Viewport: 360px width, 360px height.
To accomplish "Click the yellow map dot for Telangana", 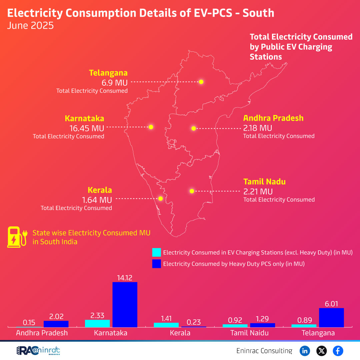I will point(201,82).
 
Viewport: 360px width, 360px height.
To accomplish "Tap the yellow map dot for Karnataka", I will point(151,127).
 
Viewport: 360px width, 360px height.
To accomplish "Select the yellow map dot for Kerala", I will point(160,198).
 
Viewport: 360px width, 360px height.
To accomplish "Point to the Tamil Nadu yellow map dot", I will point(192,191).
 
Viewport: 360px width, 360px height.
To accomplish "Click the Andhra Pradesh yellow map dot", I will point(193,128).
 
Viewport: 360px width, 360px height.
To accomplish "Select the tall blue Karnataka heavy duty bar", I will point(125,304).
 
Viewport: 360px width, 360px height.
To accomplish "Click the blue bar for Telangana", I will point(331,317).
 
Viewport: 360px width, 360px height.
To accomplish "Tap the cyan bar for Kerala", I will point(166,325).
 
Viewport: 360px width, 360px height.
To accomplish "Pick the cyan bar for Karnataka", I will point(97,323).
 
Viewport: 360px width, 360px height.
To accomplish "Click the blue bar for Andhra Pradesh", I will point(56,324).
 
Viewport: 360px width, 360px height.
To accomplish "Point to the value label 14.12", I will point(125,277).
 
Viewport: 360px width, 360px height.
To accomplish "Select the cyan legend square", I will point(156,252).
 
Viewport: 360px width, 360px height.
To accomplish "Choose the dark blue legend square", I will point(156,264).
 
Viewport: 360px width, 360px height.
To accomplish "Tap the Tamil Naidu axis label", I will point(249,333).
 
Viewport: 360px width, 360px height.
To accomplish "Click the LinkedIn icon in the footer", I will point(305,351).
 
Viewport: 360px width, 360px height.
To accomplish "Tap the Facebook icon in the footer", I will point(338,351).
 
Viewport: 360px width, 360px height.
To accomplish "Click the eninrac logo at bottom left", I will point(38,351).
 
